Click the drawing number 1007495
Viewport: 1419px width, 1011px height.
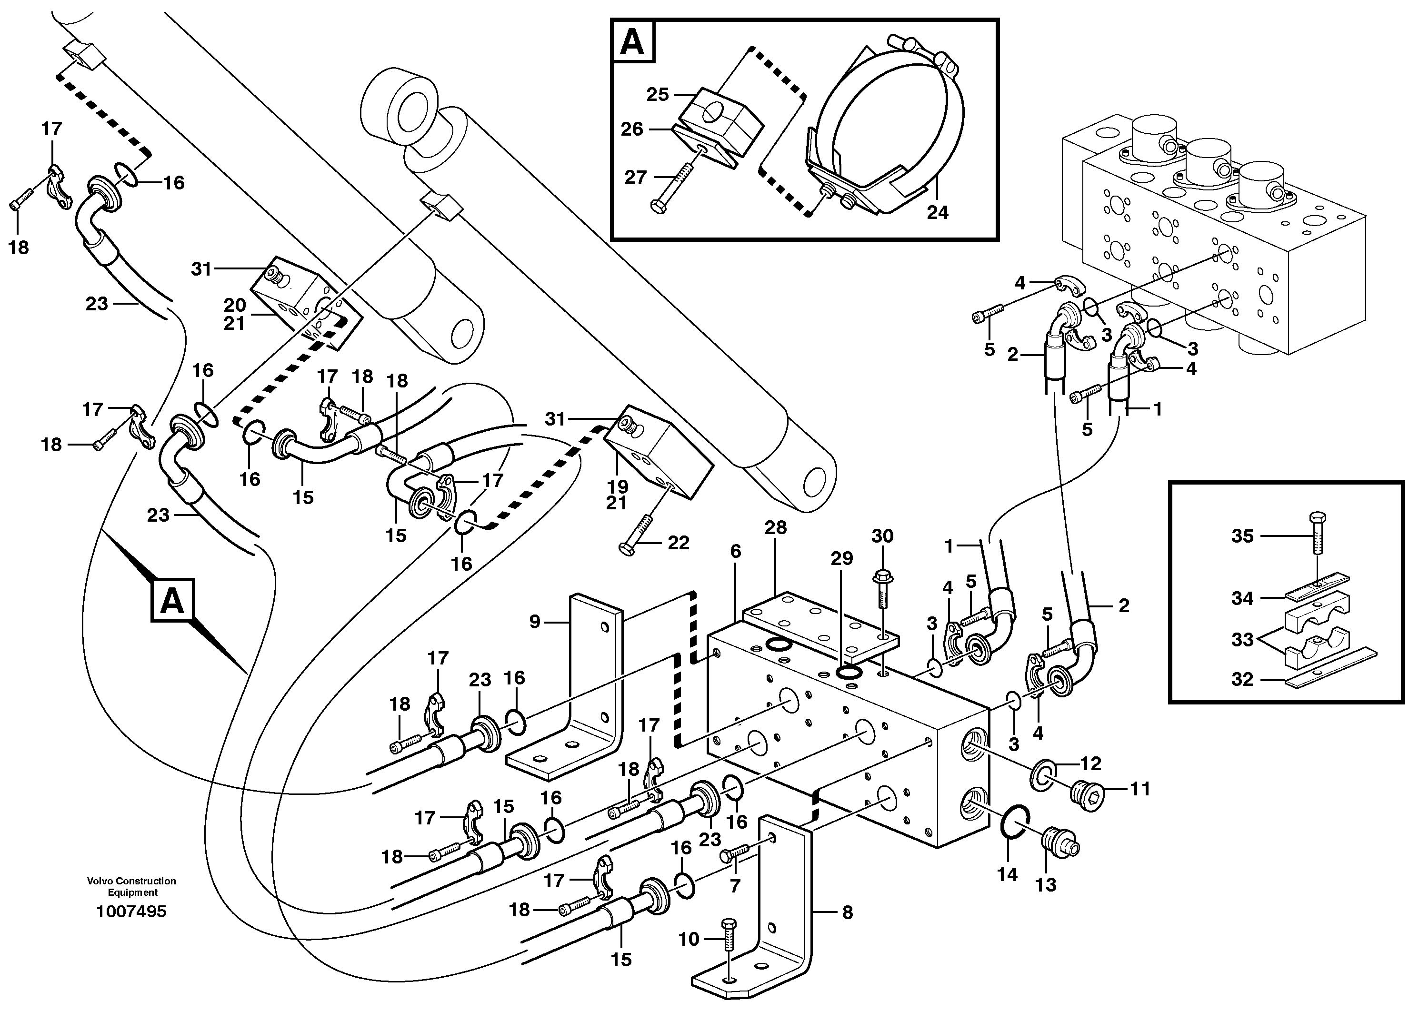coord(131,912)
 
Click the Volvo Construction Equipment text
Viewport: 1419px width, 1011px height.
coord(131,886)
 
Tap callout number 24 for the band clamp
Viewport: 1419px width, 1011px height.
coord(937,212)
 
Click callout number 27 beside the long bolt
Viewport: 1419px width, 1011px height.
coord(636,178)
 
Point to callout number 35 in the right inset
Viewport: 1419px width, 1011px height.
coord(1242,536)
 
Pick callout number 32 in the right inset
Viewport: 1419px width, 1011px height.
coord(1242,679)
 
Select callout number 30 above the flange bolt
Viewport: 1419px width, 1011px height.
coord(882,536)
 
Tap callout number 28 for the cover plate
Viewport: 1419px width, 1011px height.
coord(776,527)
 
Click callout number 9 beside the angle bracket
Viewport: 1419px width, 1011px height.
coord(535,622)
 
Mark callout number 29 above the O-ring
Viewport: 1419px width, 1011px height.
coord(842,558)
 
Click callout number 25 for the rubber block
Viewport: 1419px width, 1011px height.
coord(658,95)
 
